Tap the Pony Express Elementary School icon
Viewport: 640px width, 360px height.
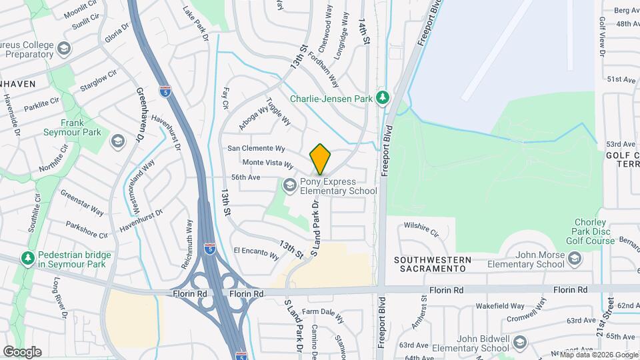tap(290, 184)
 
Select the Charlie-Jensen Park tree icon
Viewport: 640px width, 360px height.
tap(383, 99)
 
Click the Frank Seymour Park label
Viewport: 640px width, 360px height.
tap(81, 127)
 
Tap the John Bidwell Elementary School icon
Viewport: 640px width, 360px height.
tap(520, 343)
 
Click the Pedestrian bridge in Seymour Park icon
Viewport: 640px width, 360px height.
tap(27, 257)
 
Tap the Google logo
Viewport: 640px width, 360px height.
tap(21, 352)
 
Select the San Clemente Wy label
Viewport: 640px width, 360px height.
tap(257, 148)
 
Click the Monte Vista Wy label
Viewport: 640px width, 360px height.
tap(267, 163)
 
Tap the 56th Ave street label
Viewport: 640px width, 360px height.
tap(245, 177)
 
